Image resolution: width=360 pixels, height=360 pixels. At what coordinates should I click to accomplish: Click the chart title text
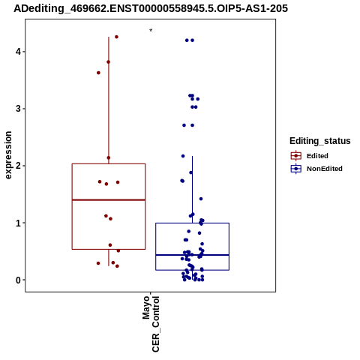(x=151, y=8)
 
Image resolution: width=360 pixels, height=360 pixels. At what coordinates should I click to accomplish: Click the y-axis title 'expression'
(x=8, y=155)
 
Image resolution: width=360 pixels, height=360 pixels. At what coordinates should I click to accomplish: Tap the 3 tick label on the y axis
(x=18, y=109)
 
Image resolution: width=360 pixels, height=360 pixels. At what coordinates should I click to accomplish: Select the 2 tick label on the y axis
(x=18, y=166)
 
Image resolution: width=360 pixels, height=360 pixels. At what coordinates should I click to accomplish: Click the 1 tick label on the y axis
(x=18, y=223)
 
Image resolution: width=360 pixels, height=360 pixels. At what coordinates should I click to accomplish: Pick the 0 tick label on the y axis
(x=18, y=280)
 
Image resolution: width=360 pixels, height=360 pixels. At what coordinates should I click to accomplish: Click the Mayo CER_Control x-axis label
(x=151, y=324)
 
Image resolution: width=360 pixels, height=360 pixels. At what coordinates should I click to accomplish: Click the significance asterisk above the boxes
(x=151, y=31)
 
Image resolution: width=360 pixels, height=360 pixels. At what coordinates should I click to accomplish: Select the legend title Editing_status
(x=320, y=141)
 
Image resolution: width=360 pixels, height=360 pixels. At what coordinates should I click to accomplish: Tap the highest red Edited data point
(x=116, y=37)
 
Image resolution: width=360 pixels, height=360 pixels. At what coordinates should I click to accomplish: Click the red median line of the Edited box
(x=109, y=200)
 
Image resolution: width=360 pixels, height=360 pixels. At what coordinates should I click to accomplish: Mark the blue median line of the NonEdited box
(x=193, y=255)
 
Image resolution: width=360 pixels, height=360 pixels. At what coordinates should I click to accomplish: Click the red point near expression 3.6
(x=98, y=73)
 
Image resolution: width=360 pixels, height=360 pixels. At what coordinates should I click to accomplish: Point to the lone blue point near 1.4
(x=201, y=199)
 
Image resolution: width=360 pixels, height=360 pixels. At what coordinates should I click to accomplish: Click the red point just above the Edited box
(x=109, y=157)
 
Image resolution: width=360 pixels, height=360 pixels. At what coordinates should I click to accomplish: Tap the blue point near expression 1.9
(x=191, y=172)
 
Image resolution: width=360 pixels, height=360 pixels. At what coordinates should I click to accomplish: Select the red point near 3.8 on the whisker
(x=108, y=62)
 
